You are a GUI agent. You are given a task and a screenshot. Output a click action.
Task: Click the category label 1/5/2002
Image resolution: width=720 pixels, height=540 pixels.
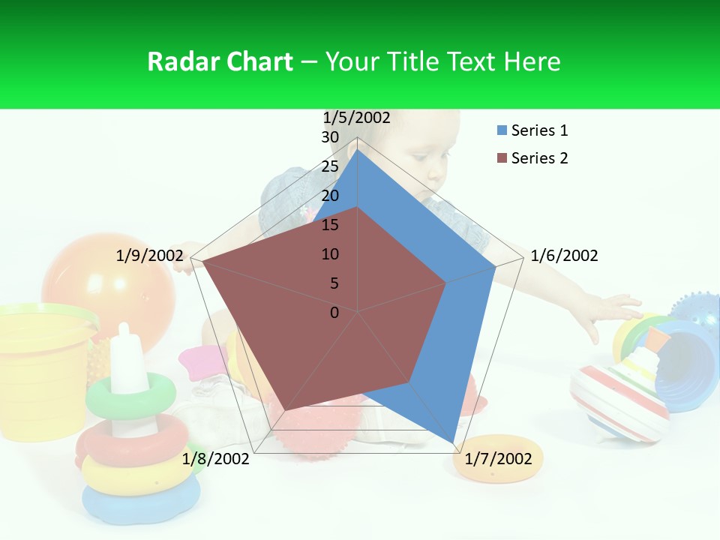coord(356,118)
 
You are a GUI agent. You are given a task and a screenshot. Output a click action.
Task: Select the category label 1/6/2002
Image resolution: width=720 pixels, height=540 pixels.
coord(564,256)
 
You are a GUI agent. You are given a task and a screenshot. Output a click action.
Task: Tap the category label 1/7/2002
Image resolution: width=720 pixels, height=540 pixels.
coord(498,459)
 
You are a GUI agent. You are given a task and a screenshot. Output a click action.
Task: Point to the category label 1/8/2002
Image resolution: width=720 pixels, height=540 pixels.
coord(215,459)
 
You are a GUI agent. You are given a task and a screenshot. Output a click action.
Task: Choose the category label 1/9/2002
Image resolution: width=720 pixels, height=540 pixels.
coord(149,256)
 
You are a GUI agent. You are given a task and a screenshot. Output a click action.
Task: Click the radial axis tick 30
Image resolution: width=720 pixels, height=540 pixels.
coord(330,137)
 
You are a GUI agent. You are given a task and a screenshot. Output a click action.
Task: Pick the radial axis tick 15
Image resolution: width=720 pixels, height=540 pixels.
coord(330,225)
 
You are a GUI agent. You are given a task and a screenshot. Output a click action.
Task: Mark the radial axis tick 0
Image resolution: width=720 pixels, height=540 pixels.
coord(334,313)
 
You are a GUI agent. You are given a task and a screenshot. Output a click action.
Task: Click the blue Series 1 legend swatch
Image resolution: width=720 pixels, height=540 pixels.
coord(502,131)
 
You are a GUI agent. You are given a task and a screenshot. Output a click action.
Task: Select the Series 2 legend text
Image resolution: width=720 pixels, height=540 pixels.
coord(539,158)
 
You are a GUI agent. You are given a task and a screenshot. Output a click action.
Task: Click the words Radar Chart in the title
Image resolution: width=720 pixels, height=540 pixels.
coord(220,61)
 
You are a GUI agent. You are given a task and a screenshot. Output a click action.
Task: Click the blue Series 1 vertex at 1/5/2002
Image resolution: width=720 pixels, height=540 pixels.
coord(358,150)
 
